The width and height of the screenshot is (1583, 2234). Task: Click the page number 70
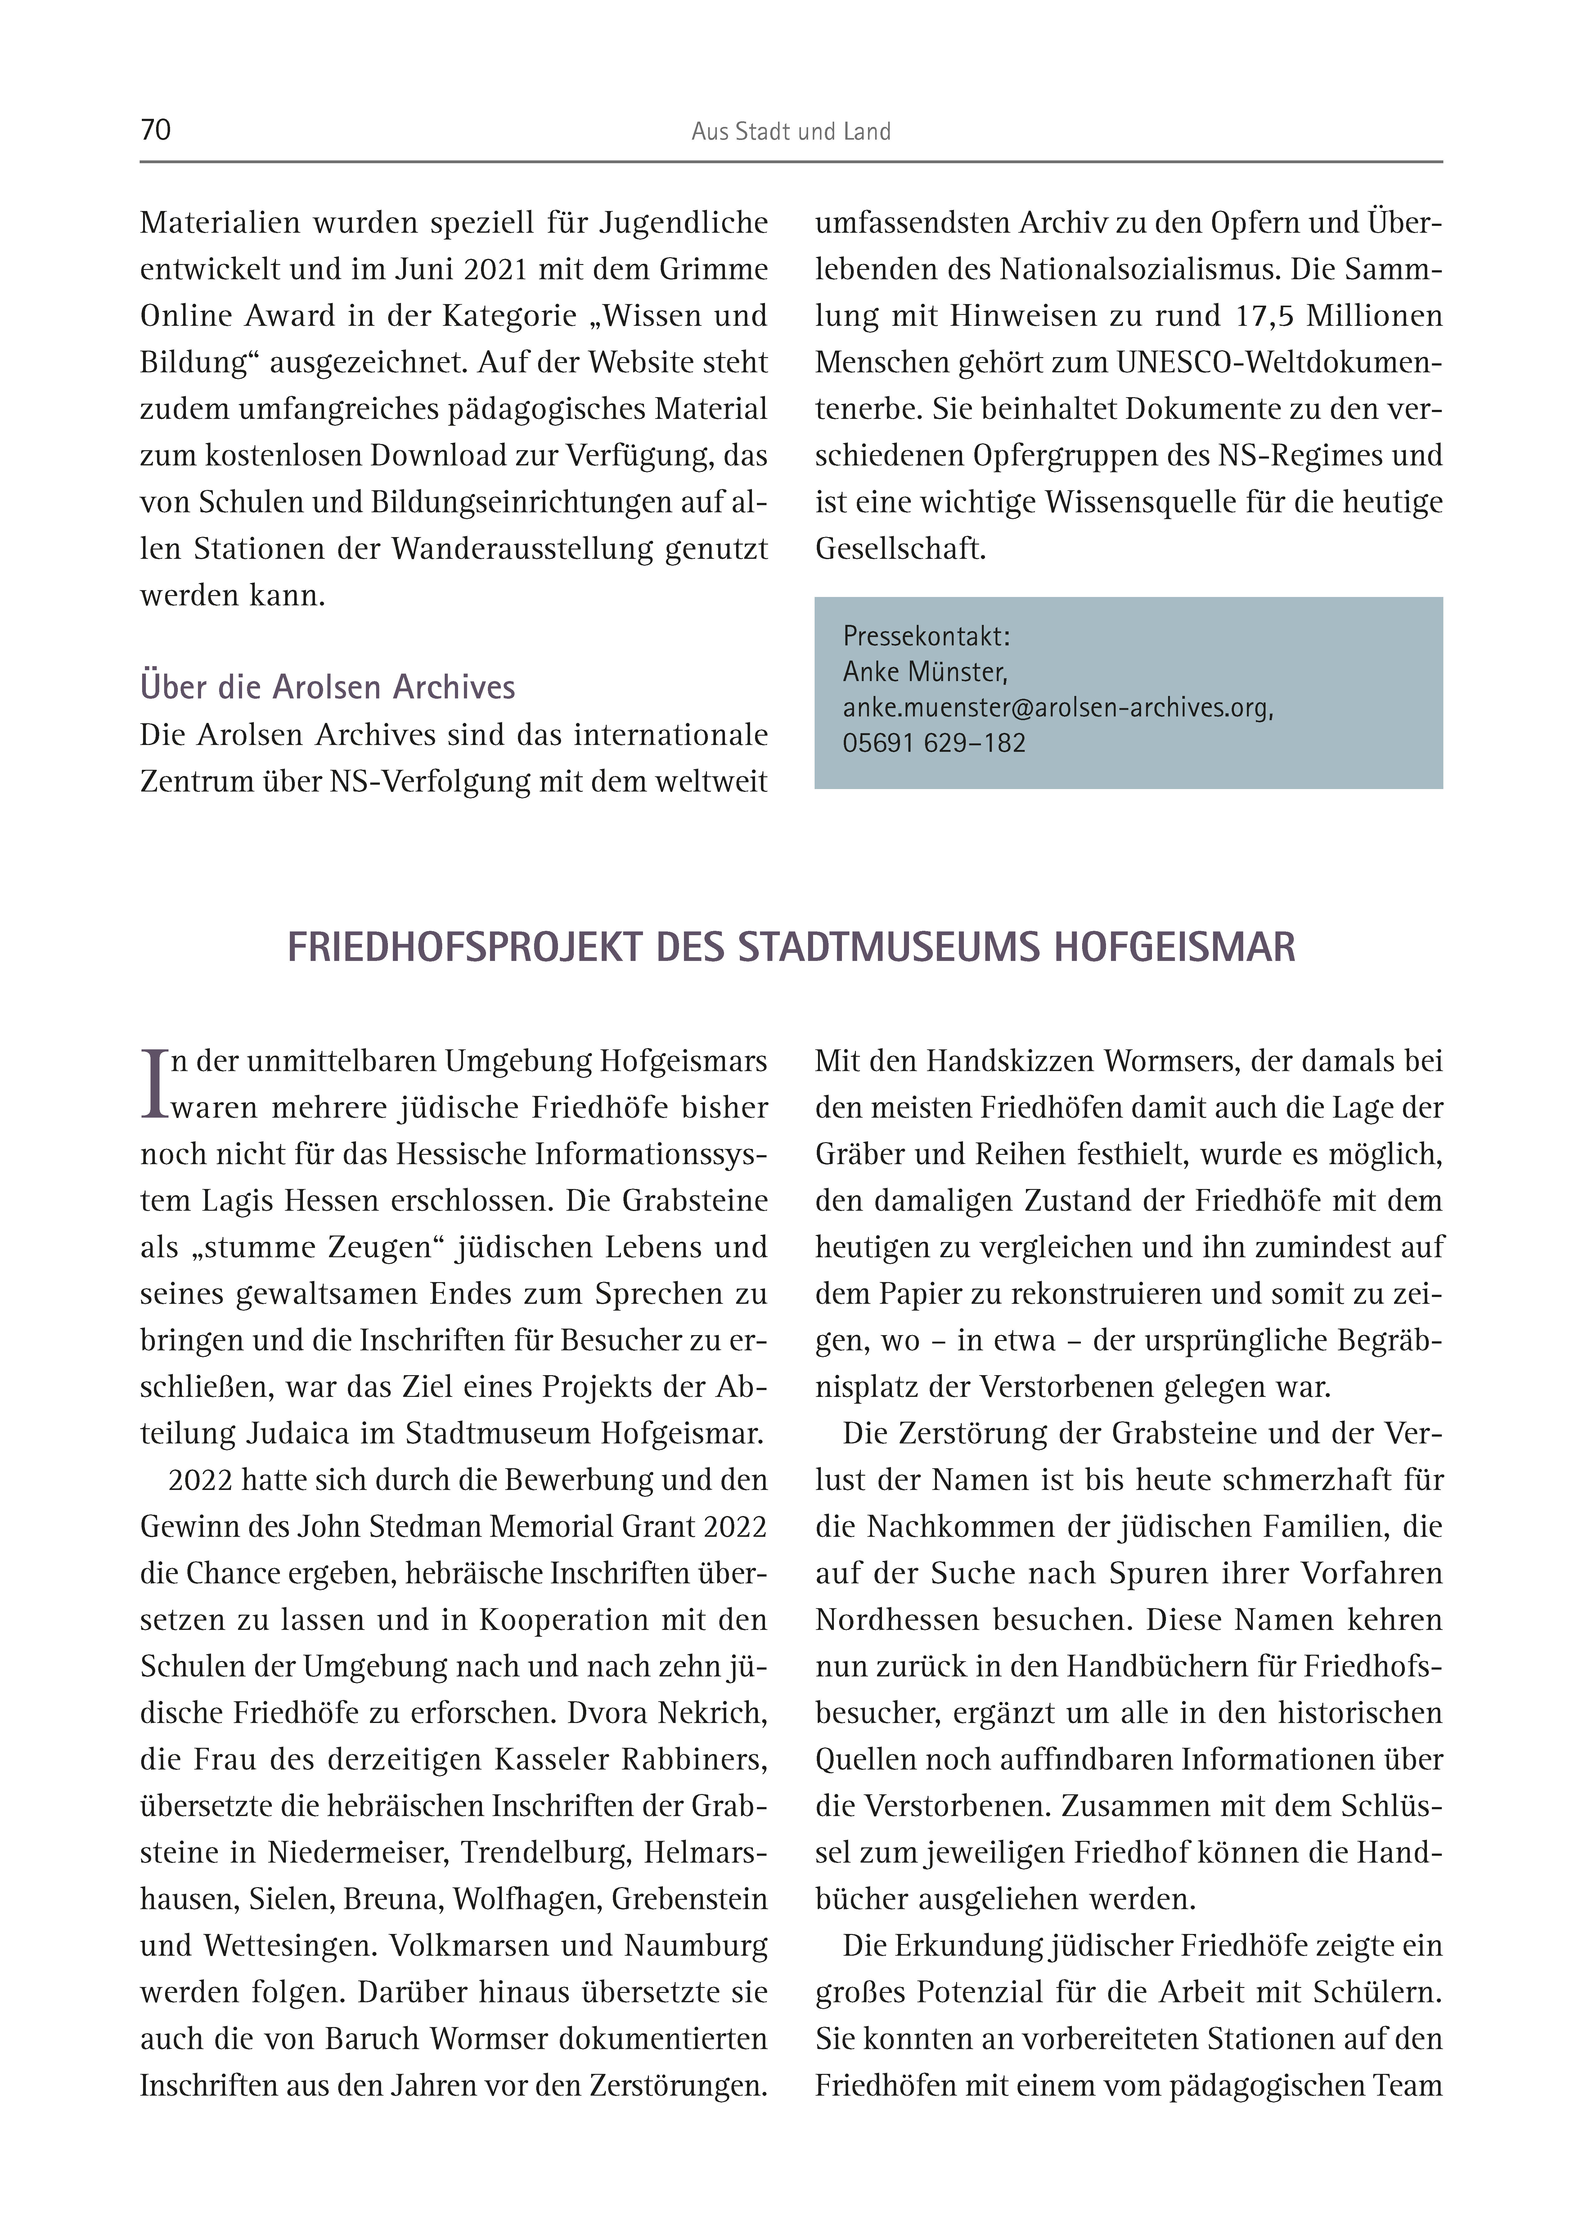[x=156, y=131]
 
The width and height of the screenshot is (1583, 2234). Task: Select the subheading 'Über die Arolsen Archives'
[x=327, y=687]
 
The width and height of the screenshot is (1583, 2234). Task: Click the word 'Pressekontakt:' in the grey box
[x=926, y=636]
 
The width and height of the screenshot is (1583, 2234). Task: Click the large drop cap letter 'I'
[x=155, y=1083]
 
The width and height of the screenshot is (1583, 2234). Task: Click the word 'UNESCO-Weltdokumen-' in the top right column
[x=1279, y=363]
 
